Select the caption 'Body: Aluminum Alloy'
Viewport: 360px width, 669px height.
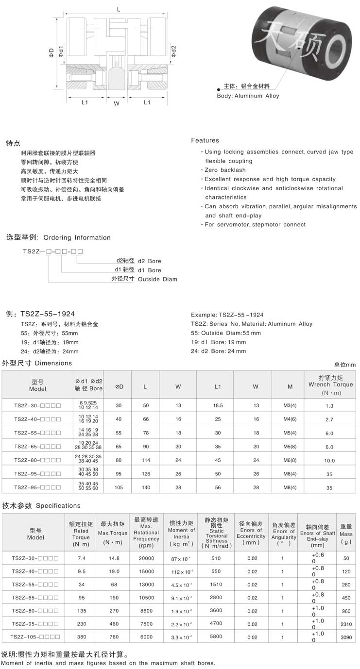coord(248,96)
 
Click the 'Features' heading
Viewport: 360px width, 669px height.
coord(205,140)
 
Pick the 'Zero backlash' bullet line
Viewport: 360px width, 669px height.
coord(225,170)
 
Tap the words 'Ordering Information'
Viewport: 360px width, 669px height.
coord(77,237)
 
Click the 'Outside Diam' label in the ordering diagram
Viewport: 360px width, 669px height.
coord(157,279)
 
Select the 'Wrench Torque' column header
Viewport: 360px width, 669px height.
coord(330,385)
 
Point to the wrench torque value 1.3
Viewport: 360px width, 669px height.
coord(329,405)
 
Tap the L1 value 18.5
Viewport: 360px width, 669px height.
coord(218,405)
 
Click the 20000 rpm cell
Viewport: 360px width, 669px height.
coord(146,558)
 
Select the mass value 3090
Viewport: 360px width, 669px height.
coord(346,636)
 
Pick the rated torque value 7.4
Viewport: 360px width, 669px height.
coord(81,558)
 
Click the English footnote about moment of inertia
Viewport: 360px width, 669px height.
coord(108,663)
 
